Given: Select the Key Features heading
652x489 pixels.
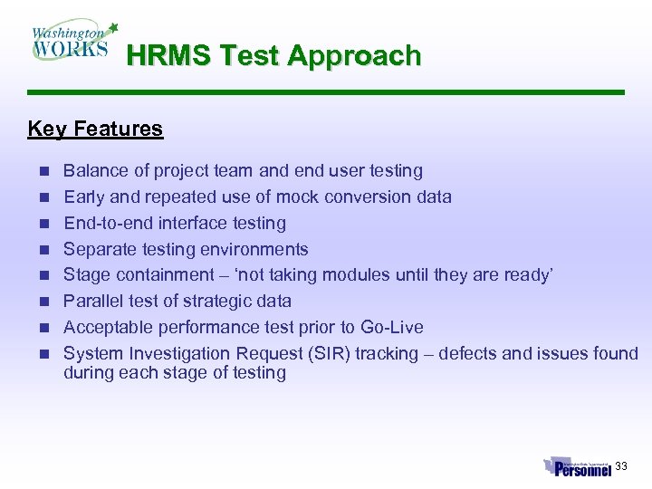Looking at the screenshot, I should pyautogui.click(x=95, y=129).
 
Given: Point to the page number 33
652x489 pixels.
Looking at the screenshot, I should pyautogui.click(x=621, y=466).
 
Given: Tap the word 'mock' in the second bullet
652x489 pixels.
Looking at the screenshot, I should pyautogui.click(x=300, y=197).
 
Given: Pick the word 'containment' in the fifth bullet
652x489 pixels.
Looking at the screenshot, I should pyautogui.click(x=158, y=275).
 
